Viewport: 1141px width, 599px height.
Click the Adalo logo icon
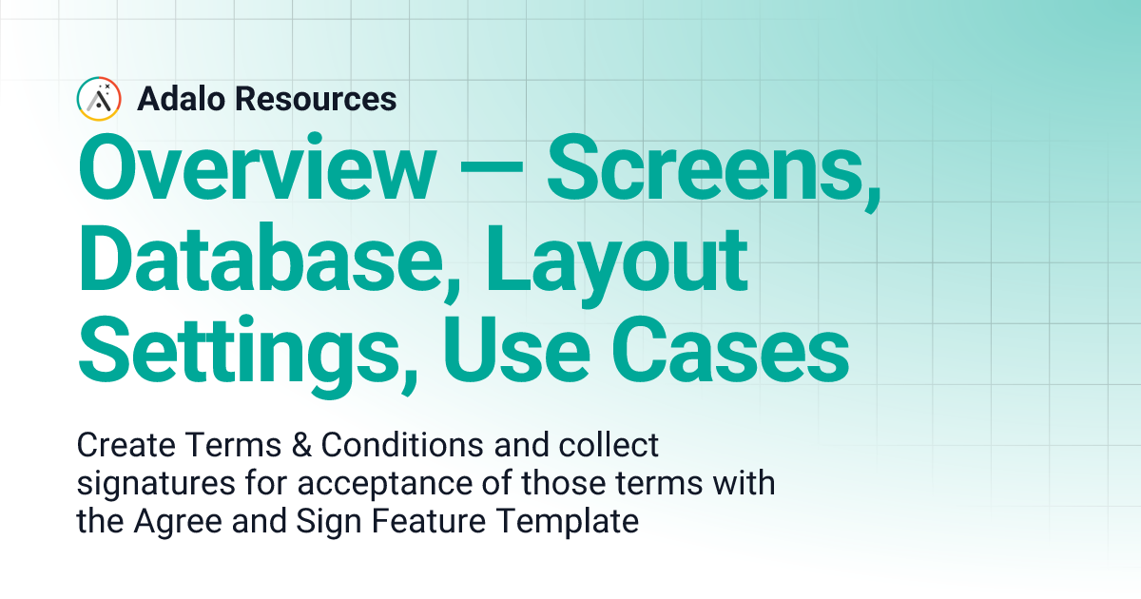click(x=99, y=99)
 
